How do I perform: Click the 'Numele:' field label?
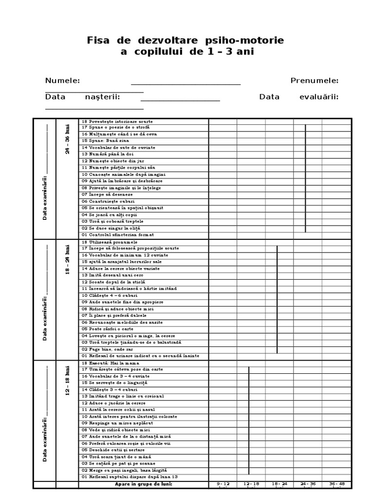coord(63,81)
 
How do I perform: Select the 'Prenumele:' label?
coord(314,81)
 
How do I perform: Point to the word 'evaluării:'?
coord(319,96)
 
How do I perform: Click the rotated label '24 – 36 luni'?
coord(68,139)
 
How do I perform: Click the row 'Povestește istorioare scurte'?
coord(117,121)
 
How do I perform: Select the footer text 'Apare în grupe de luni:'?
coord(144,484)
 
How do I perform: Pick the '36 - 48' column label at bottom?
coord(336,484)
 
